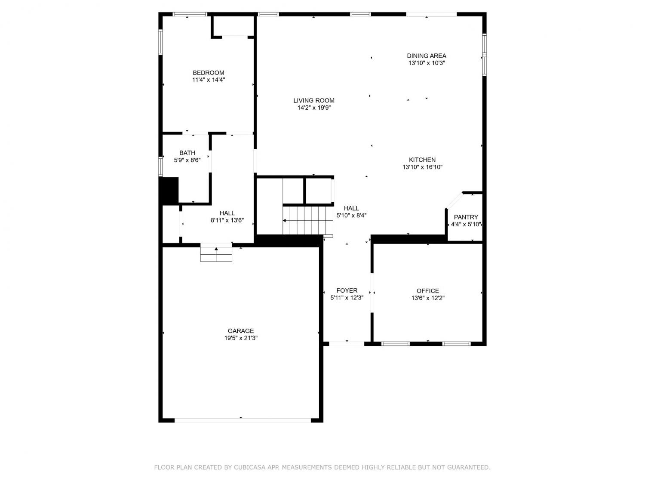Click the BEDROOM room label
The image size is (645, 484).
209,73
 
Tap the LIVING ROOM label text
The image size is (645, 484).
314,101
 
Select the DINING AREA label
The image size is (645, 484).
427,56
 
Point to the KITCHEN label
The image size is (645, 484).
422,160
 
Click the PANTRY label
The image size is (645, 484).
466,217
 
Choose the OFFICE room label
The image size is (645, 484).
428,291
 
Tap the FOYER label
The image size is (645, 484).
347,291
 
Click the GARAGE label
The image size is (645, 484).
241,331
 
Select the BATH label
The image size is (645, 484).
187,153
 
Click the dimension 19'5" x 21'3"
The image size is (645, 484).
241,338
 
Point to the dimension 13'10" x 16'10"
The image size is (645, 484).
423,167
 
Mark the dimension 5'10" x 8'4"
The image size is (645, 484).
351,216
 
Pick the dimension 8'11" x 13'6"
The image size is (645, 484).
227,220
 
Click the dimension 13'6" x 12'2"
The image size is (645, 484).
428,298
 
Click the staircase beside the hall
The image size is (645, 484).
307,220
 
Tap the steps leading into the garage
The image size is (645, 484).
216,253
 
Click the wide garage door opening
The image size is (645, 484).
243,420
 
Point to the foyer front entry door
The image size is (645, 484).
347,343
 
